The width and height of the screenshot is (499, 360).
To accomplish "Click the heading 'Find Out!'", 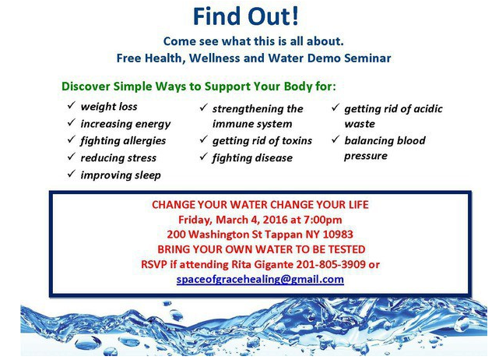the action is tap(246, 16).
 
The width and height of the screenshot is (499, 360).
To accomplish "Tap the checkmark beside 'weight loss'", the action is tap(72, 105).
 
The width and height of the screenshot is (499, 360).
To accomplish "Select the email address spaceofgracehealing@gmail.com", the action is tap(260, 280).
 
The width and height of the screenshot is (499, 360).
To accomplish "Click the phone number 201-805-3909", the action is tap(331, 264).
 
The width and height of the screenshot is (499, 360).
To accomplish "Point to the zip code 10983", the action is tap(338, 235).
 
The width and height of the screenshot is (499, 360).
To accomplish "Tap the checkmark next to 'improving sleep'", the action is tap(72, 174).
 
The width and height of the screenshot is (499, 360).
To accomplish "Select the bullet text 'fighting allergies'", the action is tap(123, 141).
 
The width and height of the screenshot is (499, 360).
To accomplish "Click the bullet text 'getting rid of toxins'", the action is tap(262, 141).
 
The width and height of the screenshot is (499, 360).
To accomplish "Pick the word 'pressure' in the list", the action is tap(366, 156).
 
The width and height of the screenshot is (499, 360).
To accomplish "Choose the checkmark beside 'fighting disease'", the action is tap(204, 157).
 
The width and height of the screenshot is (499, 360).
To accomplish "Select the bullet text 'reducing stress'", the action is tap(118, 158).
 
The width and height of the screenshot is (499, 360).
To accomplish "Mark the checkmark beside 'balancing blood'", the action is tap(336, 139).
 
